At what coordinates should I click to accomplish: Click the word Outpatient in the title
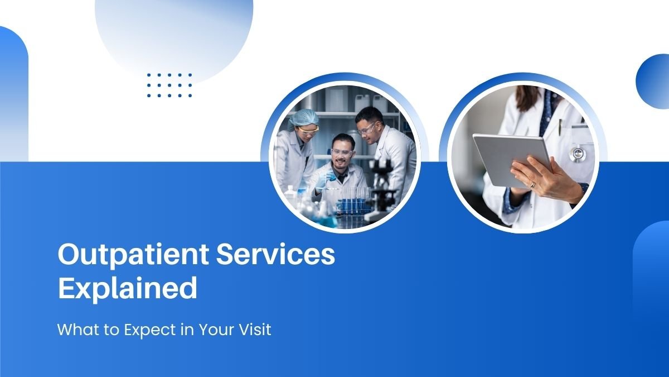point(133,255)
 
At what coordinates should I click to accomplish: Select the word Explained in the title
point(128,288)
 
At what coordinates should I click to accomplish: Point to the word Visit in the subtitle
point(255,330)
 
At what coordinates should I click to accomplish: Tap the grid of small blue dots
point(169,85)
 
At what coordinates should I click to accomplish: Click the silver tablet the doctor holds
point(512,160)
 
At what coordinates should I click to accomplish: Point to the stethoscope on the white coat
point(578,153)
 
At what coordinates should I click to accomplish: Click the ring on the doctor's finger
point(533,185)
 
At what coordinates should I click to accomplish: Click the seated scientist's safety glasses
point(342,152)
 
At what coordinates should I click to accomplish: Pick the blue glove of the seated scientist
point(326,179)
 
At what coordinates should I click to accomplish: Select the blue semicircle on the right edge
point(653,82)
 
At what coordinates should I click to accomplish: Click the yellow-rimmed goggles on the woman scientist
point(308,130)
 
